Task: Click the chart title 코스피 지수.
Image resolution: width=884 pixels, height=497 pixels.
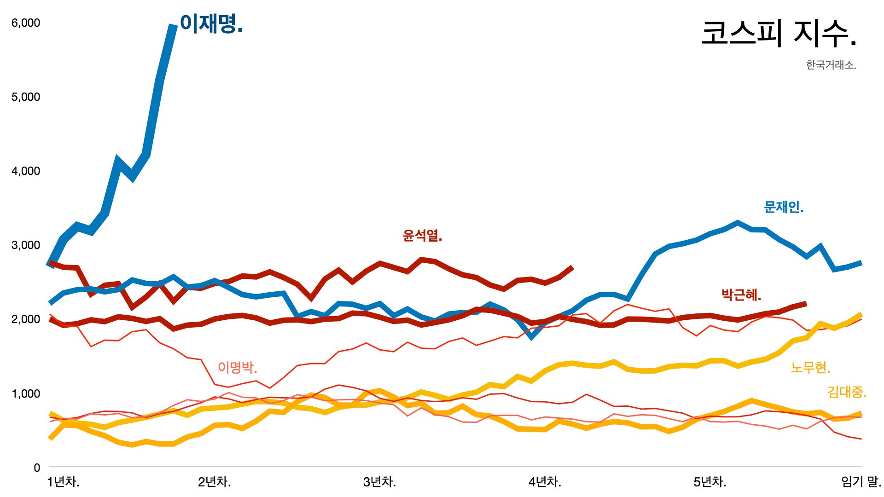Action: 778,34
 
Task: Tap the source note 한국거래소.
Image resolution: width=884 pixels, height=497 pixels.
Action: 831,65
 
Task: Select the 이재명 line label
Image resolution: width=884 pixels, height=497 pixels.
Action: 211,23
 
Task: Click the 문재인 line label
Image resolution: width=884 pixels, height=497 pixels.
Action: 783,207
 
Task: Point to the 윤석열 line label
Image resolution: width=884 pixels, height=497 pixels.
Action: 422,236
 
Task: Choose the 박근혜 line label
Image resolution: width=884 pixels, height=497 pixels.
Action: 741,295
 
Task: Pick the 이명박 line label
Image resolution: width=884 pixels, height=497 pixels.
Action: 237,367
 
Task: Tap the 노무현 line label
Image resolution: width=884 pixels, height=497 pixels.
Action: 810,368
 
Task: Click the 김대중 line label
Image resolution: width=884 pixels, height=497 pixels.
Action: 846,392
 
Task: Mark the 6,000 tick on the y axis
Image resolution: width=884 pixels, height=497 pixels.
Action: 26,23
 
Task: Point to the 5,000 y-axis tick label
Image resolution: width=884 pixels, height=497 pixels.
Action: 26,97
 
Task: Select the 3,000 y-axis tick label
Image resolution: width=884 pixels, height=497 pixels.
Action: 26,245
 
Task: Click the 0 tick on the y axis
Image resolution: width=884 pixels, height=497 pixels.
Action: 37,468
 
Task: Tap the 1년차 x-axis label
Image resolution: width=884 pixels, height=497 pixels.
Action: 63,482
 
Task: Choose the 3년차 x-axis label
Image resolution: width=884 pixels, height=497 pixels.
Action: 379,482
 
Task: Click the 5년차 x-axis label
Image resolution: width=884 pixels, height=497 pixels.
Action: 710,482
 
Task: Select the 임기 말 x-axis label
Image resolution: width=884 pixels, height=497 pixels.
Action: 861,482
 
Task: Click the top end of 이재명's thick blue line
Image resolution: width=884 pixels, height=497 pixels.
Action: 174,26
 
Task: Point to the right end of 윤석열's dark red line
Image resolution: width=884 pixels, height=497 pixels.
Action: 572,267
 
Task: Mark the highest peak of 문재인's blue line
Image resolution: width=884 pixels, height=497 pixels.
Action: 738,223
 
